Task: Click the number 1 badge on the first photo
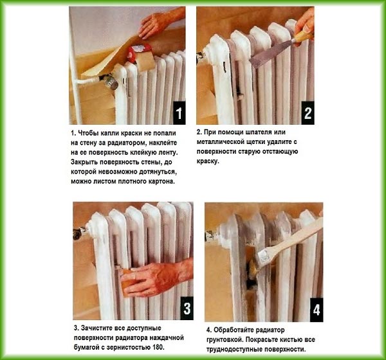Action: click(x=179, y=113)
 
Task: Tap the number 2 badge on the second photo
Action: click(x=308, y=113)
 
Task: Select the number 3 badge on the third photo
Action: click(x=187, y=308)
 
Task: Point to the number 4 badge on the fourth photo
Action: click(x=317, y=310)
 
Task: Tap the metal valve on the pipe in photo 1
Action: click(x=109, y=81)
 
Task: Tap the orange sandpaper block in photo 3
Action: click(x=126, y=283)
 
